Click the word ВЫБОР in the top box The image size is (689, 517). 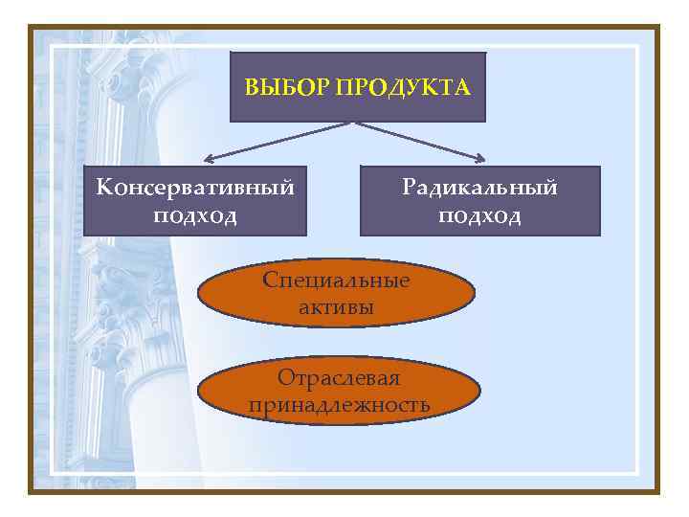[275, 88]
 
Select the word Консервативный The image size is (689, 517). [194, 187]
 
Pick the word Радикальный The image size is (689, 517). [479, 187]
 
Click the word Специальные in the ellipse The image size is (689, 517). [336, 281]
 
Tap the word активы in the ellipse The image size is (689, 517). [336, 307]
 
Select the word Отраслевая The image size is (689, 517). [339, 378]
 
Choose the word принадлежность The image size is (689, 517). [339, 405]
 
